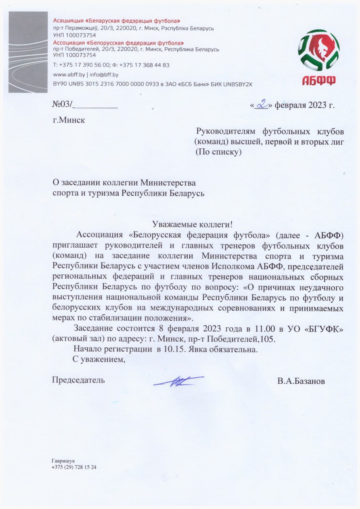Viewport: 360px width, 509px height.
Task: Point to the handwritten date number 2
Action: [x=261, y=105]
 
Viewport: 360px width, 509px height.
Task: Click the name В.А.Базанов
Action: [x=301, y=381]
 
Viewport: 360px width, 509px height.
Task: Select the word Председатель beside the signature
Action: [x=79, y=380]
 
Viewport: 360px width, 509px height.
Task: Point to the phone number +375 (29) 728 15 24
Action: [x=74, y=467]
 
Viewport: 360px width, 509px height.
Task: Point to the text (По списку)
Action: [x=218, y=152]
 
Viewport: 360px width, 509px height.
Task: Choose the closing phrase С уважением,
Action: [x=99, y=360]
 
